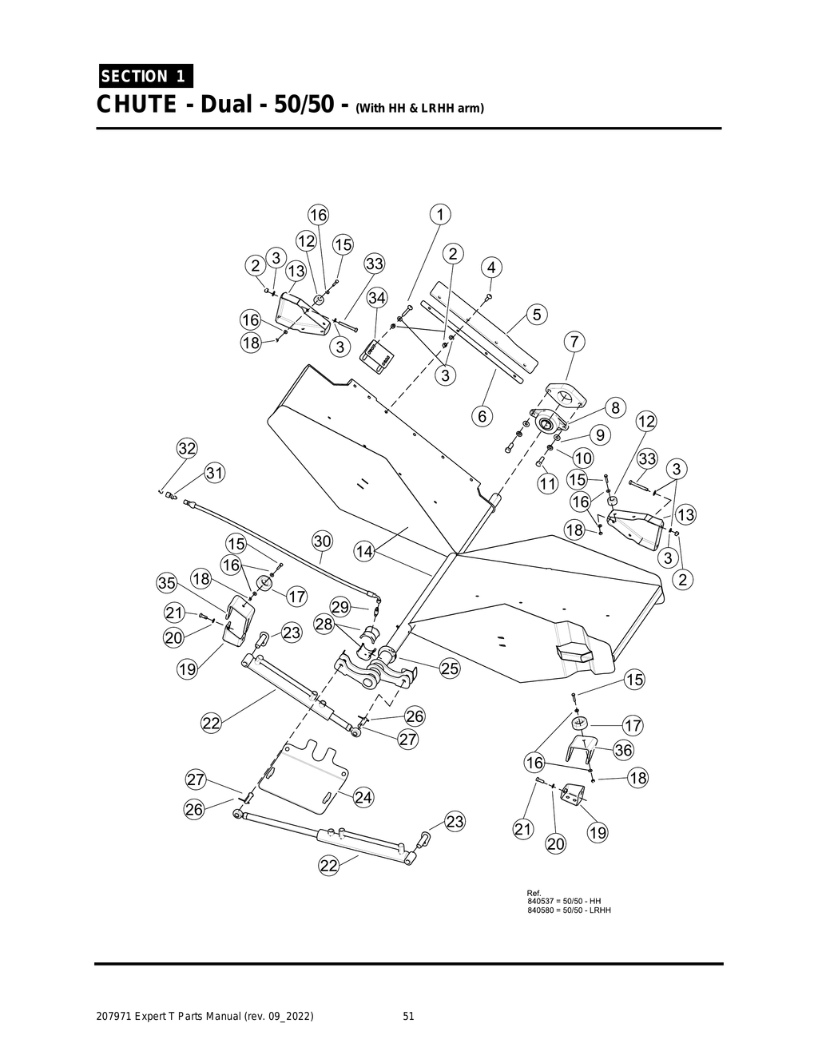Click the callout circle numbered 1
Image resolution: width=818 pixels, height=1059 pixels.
point(439,214)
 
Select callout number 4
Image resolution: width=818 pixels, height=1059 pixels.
point(491,267)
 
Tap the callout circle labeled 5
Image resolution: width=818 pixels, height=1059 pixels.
point(537,315)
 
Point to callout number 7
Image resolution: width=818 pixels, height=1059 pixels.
point(574,342)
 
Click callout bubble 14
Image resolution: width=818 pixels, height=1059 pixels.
point(364,551)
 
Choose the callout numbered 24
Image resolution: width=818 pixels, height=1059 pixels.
point(363,797)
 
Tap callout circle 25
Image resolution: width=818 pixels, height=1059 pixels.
point(450,668)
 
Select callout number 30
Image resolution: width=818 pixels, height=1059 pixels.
point(321,541)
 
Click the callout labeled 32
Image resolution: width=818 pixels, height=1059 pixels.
point(187,448)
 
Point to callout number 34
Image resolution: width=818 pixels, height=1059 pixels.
point(377,298)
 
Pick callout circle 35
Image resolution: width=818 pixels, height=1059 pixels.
point(166,584)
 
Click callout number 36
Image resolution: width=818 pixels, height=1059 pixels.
point(623,750)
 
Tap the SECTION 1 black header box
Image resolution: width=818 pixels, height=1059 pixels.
point(145,77)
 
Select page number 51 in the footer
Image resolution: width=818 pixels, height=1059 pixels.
point(408,1017)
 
